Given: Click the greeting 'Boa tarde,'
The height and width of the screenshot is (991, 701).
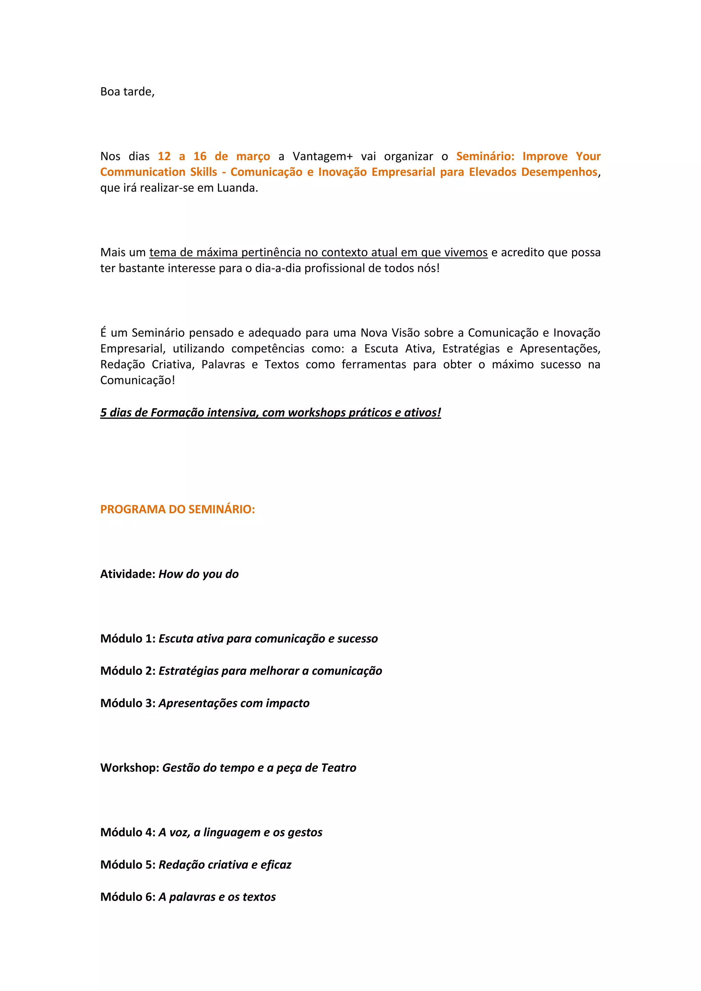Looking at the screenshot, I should click(127, 91).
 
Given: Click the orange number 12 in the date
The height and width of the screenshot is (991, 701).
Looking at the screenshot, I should click(164, 156).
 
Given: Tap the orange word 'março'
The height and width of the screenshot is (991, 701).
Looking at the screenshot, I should click(253, 156).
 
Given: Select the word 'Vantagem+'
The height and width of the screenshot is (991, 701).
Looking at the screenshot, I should click(322, 156).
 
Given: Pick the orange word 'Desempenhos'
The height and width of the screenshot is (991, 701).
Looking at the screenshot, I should click(559, 172).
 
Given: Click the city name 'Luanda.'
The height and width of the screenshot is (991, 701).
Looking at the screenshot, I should click(238, 188).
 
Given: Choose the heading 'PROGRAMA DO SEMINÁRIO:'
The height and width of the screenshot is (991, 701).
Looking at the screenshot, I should click(177, 509).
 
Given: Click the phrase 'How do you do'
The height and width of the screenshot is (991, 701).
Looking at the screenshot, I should click(199, 574).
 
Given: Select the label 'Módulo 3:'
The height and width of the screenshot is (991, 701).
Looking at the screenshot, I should click(128, 703).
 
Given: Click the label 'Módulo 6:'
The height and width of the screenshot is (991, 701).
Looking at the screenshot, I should click(128, 897).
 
